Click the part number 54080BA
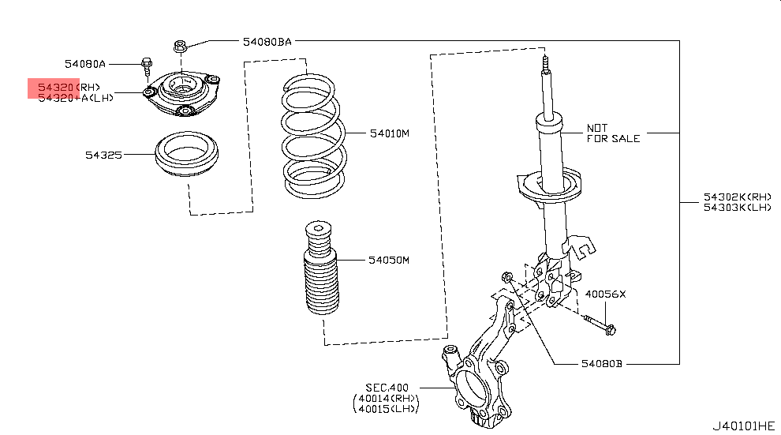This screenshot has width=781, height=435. click(x=267, y=41)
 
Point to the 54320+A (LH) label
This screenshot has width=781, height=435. click(x=76, y=97)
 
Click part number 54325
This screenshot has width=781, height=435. click(x=104, y=156)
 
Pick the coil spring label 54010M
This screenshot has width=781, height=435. click(x=389, y=133)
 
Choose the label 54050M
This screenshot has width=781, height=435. click(x=389, y=260)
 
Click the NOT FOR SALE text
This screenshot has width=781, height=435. click(x=613, y=133)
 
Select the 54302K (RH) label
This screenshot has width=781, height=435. click(x=737, y=197)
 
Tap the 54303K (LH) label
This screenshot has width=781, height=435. click(x=737, y=208)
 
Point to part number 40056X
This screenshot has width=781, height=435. click(x=604, y=294)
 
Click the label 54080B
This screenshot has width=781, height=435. click(x=602, y=364)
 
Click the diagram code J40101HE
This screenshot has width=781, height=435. click(x=743, y=425)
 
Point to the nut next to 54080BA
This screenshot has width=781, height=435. click(x=179, y=46)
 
